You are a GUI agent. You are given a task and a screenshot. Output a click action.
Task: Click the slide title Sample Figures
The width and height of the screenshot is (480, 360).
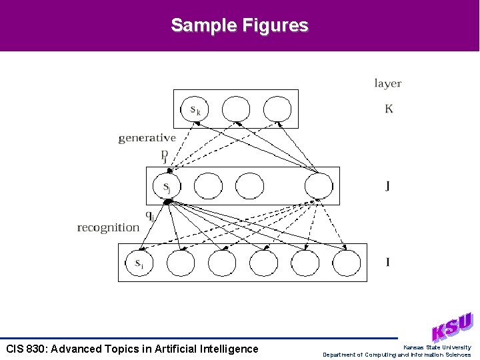click(239, 25)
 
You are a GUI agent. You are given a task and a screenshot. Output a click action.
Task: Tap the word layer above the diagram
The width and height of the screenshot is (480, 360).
click(387, 83)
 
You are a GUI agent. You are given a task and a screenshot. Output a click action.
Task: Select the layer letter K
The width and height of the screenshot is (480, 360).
click(389, 108)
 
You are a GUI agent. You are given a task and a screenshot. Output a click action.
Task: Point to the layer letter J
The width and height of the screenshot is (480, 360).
click(387, 185)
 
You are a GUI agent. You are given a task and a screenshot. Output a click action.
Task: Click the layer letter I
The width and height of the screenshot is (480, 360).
click(388, 262)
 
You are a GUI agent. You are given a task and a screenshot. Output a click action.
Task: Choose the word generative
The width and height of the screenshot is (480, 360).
click(147, 138)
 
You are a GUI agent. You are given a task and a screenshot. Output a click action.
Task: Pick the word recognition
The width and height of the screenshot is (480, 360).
click(109, 228)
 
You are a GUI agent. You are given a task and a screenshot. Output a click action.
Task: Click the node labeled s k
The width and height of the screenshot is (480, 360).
click(195, 109)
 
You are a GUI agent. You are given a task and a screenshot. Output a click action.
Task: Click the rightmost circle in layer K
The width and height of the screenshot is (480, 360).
click(277, 109)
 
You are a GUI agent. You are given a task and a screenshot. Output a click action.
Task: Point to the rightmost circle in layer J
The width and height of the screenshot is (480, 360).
click(319, 186)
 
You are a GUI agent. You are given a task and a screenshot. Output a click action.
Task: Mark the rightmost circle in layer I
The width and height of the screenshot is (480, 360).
click(347, 263)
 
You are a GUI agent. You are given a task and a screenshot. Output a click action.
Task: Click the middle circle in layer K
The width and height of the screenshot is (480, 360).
click(235, 109)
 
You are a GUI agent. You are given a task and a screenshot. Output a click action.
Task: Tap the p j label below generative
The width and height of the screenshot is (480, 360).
click(164, 155)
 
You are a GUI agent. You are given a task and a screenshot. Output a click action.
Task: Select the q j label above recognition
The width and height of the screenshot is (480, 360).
click(151, 215)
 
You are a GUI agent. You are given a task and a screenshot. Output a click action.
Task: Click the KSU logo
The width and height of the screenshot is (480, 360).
click(452, 327)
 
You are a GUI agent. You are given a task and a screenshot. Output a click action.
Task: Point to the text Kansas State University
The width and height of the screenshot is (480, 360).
click(437, 347)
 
